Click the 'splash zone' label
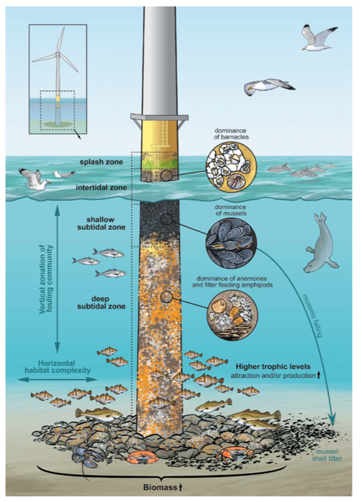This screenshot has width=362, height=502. [x=101, y=162]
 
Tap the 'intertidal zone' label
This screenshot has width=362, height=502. [x=101, y=187]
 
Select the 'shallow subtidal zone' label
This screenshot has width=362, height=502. [x=101, y=223]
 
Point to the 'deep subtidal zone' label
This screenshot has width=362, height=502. [x=101, y=302]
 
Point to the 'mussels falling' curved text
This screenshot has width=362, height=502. [x=312, y=315]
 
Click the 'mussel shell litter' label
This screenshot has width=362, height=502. [x=329, y=455]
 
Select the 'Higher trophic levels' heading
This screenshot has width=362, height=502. [x=273, y=366]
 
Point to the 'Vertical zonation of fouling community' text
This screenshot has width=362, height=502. [x=46, y=279]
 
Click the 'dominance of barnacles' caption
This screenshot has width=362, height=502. [x=231, y=134]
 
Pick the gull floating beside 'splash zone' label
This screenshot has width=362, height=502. [x=63, y=174]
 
